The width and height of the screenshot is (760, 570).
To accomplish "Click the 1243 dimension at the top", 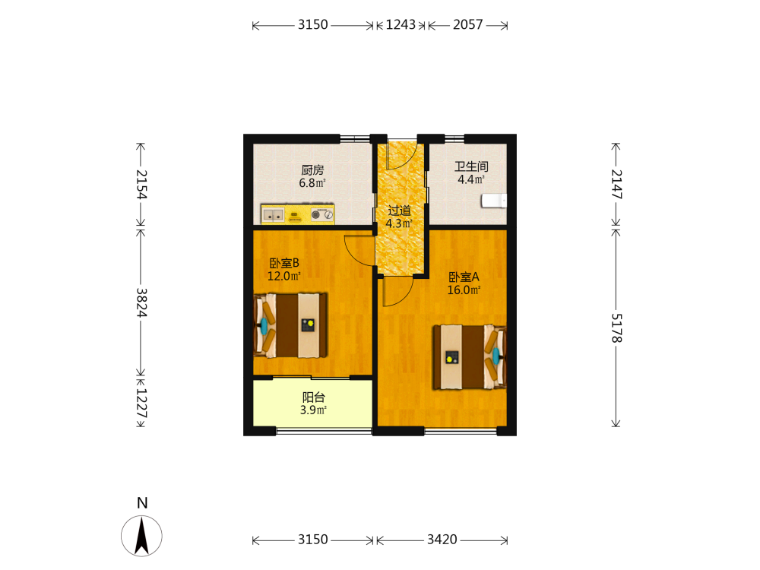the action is point(401,25).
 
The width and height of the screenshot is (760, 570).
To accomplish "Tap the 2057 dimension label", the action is point(467,25).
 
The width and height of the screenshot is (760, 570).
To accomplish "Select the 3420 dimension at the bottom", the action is point(442,540).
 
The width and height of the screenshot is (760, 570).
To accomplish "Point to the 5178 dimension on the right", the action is point(616,328).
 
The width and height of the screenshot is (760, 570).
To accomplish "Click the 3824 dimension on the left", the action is point(141,302).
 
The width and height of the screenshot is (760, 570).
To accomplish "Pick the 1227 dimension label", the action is point(141,404).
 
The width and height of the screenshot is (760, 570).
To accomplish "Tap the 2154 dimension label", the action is point(141,184).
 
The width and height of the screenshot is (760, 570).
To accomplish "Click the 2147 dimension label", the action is point(616,184).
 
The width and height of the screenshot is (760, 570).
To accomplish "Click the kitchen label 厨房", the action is point(312,170).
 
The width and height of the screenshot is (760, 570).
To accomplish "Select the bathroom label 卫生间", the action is point(471,166).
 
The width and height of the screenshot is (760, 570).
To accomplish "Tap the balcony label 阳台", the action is point(313,397).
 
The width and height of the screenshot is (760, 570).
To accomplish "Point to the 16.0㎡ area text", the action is point(464,290).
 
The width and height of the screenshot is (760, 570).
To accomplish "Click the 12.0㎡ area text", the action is point(284,277).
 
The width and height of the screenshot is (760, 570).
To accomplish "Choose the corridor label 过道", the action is point(400,211).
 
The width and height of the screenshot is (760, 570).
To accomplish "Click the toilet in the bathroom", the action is point(494,201).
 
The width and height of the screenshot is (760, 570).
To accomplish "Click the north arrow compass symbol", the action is point(141,536).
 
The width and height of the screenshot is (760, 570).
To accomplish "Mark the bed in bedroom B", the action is point(290,325).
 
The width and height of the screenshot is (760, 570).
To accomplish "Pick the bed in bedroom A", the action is point(470,357).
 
